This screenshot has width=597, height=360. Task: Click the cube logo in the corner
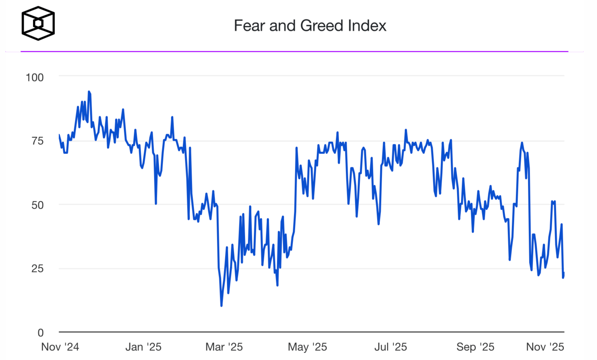[x=38, y=23]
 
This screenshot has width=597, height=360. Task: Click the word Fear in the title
[x=250, y=26]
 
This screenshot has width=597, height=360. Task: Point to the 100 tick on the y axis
[x=35, y=77]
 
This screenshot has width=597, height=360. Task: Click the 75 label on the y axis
[x=37, y=141]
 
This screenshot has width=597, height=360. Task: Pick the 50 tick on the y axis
[x=37, y=205]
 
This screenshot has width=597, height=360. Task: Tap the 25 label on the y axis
[x=37, y=268]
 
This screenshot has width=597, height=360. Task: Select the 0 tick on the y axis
[x=40, y=332]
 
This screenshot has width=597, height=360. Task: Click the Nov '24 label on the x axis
[x=60, y=347]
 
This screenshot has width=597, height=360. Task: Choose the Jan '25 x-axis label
[x=143, y=347]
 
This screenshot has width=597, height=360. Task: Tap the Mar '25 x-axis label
[x=224, y=347]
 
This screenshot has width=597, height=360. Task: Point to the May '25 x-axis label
[x=307, y=347]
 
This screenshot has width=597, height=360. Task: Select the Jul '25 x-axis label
[x=391, y=347]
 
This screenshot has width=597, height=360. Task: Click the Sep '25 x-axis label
[x=475, y=347]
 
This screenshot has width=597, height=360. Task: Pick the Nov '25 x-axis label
[x=545, y=347]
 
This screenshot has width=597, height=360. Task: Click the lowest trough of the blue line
[x=221, y=306]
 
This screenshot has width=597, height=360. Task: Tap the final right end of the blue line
[x=564, y=273]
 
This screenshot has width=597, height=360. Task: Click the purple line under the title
[x=294, y=51]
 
